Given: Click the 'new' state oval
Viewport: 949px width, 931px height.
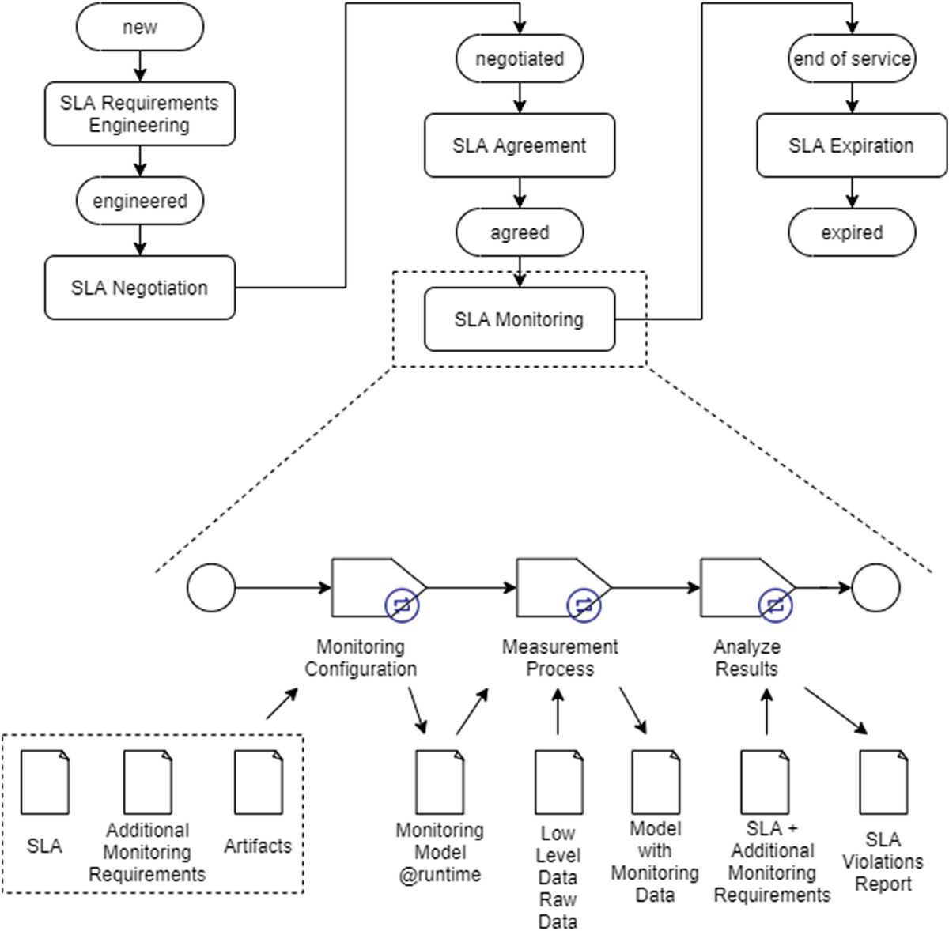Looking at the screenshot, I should (139, 27).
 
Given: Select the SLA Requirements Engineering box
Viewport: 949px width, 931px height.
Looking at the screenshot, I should (139, 114).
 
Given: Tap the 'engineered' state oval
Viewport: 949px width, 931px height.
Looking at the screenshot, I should (139, 201).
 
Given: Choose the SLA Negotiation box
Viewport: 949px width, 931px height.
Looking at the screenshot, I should (139, 288).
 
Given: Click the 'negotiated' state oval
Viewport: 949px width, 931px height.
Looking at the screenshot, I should (520, 58).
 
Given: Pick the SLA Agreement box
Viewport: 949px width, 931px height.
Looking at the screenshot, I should (520, 145).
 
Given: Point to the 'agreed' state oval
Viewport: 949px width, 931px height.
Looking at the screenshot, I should (520, 232).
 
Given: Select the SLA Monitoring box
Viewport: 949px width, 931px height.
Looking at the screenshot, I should (520, 319).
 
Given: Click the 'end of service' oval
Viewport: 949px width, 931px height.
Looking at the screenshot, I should (852, 58).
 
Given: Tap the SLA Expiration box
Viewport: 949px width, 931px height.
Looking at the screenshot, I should (852, 145).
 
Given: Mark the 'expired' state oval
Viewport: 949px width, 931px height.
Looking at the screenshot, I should (852, 232).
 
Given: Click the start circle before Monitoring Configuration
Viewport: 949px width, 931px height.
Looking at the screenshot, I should (211, 588).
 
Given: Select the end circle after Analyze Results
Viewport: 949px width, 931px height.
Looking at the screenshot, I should (876, 588).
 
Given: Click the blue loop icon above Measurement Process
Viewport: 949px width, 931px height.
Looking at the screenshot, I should (584, 605).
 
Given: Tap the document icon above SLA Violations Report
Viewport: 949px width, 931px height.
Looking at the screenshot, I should (883, 782).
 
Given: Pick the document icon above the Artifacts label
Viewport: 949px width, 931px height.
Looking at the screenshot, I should (259, 782).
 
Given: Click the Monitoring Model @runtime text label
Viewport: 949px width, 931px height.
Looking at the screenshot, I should (440, 852).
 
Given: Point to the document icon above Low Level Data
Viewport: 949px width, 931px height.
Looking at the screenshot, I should (559, 782).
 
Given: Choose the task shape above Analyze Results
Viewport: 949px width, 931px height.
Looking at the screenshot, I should (743, 586).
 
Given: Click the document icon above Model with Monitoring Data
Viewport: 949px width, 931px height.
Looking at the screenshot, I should (656, 782).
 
